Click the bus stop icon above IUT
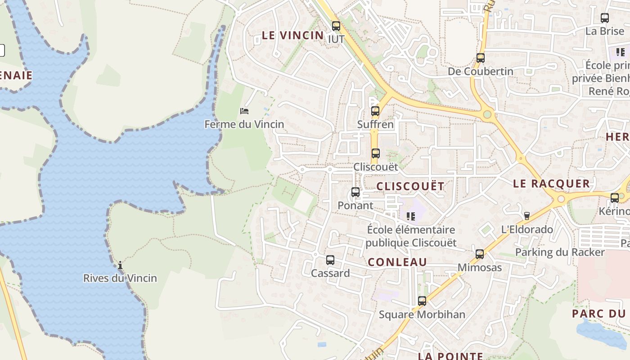336,26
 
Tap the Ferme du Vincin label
244,124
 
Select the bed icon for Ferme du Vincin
244,111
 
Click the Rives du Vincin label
120,278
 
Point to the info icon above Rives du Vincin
120,265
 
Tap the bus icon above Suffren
375,111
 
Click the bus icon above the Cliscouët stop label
376,153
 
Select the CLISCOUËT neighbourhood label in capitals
410,186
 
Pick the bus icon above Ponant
355,193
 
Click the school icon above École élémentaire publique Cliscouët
410,216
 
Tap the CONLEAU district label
397,262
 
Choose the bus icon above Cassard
330,260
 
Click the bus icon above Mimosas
480,254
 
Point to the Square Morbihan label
422,315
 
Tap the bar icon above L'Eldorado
527,216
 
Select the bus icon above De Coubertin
481,58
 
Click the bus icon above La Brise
605,18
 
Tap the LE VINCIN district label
292,36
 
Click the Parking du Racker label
560,252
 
